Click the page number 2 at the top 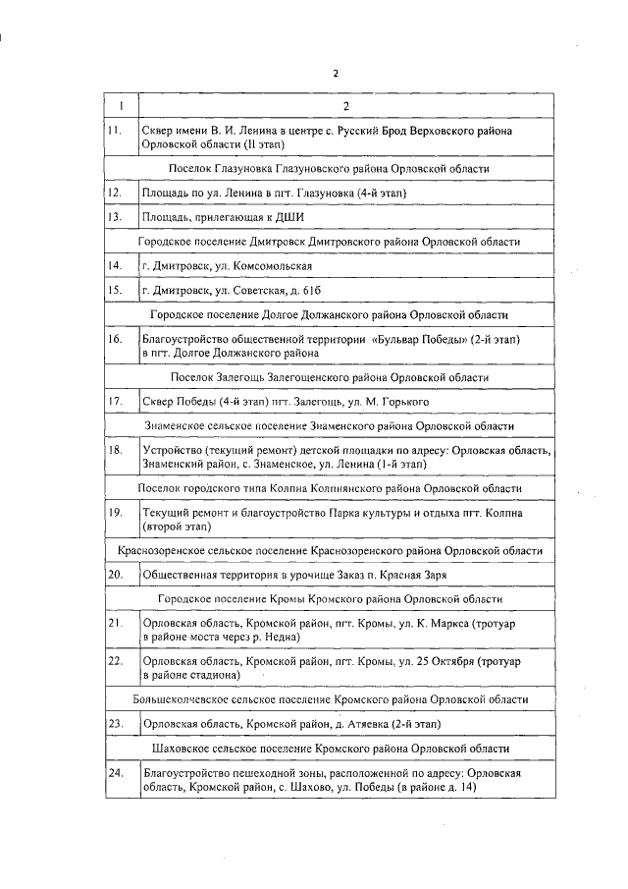pyautogui.click(x=335, y=74)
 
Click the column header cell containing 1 pyautogui.click(x=122, y=105)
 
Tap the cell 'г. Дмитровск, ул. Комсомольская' pyautogui.click(x=228, y=266)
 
